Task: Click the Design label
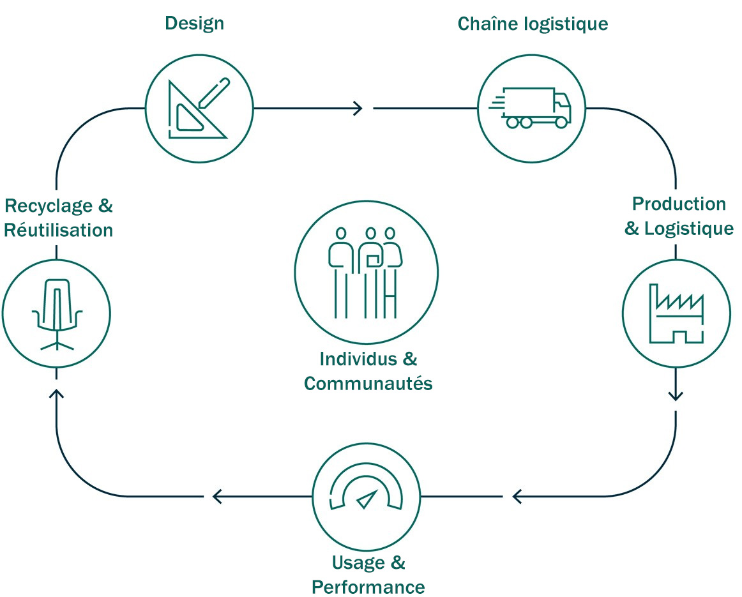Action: (194, 24)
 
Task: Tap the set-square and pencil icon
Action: (199, 108)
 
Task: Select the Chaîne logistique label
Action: (533, 24)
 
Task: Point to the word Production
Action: (679, 204)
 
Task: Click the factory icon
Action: (676, 314)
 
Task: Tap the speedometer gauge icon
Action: (366, 495)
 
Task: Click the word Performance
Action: (368, 587)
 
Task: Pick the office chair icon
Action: (56, 314)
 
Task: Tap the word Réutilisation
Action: (58, 230)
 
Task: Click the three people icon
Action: (366, 271)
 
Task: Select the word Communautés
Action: (368, 384)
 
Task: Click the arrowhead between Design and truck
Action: (358, 109)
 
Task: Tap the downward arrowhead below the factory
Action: (676, 396)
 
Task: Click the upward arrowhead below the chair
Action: (56, 394)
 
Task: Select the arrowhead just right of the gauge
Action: (517, 495)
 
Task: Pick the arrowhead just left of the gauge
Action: (217, 495)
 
